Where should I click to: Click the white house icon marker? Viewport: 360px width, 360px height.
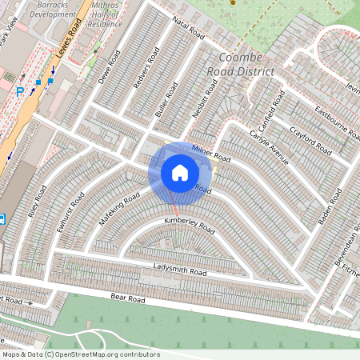[x=180, y=172]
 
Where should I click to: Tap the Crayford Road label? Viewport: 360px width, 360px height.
[x=310, y=138]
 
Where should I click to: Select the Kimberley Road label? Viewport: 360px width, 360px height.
[x=190, y=225]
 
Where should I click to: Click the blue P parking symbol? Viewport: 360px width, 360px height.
[x=20, y=91]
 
